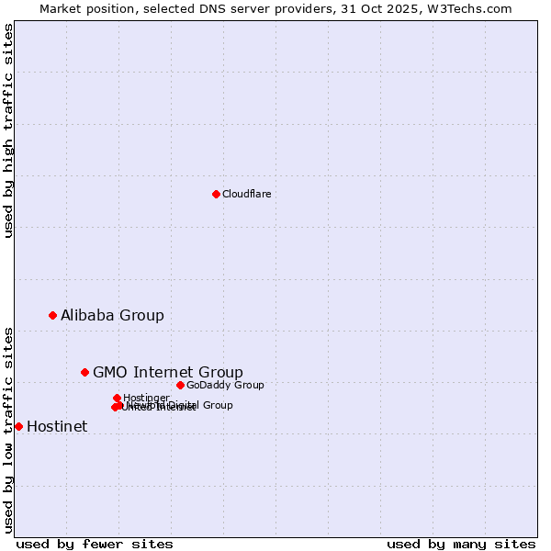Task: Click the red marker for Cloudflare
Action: [216, 194]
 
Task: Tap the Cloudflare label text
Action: [247, 195]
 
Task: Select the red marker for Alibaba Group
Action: [52, 315]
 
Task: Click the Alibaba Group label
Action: [112, 316]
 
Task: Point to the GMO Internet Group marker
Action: [84, 372]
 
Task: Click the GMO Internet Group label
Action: [168, 373]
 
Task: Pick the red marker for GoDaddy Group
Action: [180, 385]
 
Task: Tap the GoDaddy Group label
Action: [225, 386]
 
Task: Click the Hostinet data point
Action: [18, 426]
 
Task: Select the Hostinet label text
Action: [57, 427]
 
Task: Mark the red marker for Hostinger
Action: [118, 398]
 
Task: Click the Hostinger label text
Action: [146, 399]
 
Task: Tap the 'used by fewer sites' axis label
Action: [95, 545]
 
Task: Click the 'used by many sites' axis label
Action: [461, 545]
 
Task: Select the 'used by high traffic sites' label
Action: [8, 130]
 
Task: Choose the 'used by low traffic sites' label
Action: [8, 429]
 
